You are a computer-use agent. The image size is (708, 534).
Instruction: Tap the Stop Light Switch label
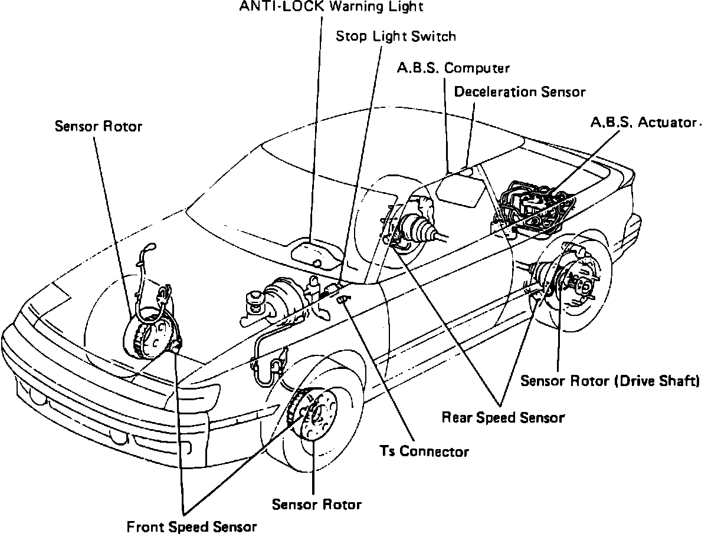coord(396,37)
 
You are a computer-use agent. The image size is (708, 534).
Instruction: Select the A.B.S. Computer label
coord(453,68)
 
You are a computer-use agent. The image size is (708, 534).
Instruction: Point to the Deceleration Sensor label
coord(520,92)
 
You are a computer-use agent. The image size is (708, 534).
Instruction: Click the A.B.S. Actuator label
coord(644,123)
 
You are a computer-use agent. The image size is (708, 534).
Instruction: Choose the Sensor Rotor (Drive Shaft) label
coord(610,381)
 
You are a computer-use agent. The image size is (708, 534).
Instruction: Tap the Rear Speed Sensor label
coord(503,417)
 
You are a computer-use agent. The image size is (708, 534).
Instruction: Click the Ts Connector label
coord(425,451)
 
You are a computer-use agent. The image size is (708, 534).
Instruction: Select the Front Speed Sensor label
coord(192,526)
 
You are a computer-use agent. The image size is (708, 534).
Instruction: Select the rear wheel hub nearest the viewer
coord(575,286)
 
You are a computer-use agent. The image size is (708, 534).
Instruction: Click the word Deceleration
coord(496,92)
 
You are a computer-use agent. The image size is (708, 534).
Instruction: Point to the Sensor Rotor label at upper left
coord(99,126)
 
